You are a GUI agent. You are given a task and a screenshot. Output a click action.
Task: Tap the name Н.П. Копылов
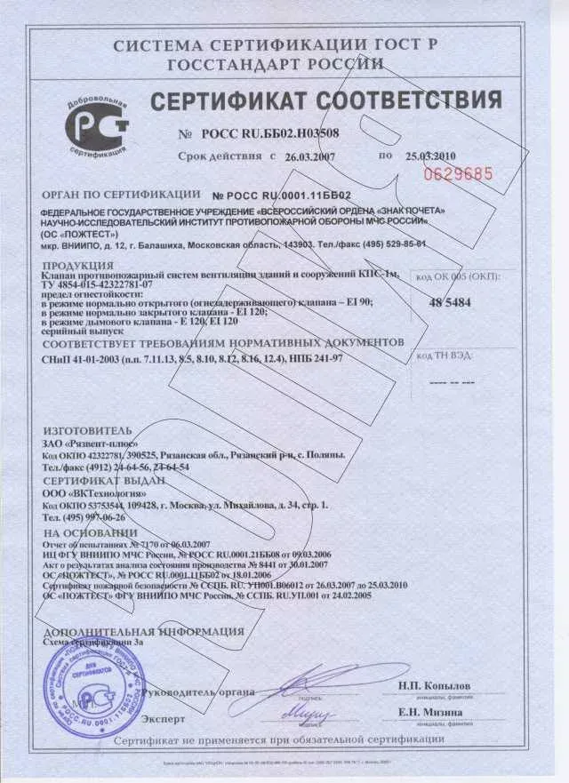434,685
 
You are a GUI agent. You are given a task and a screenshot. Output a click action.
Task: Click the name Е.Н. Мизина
430,712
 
